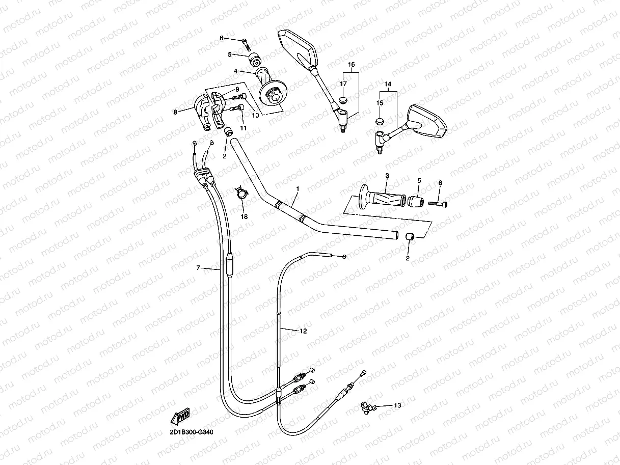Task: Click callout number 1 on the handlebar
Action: point(298,189)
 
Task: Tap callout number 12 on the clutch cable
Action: point(303,331)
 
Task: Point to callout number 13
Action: point(397,405)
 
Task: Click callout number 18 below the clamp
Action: point(244,216)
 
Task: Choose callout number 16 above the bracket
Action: point(351,65)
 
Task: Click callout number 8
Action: point(175,112)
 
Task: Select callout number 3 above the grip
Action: point(387,176)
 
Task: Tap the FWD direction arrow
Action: point(181,416)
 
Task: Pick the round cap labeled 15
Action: point(380,121)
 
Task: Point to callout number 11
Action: point(244,128)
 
